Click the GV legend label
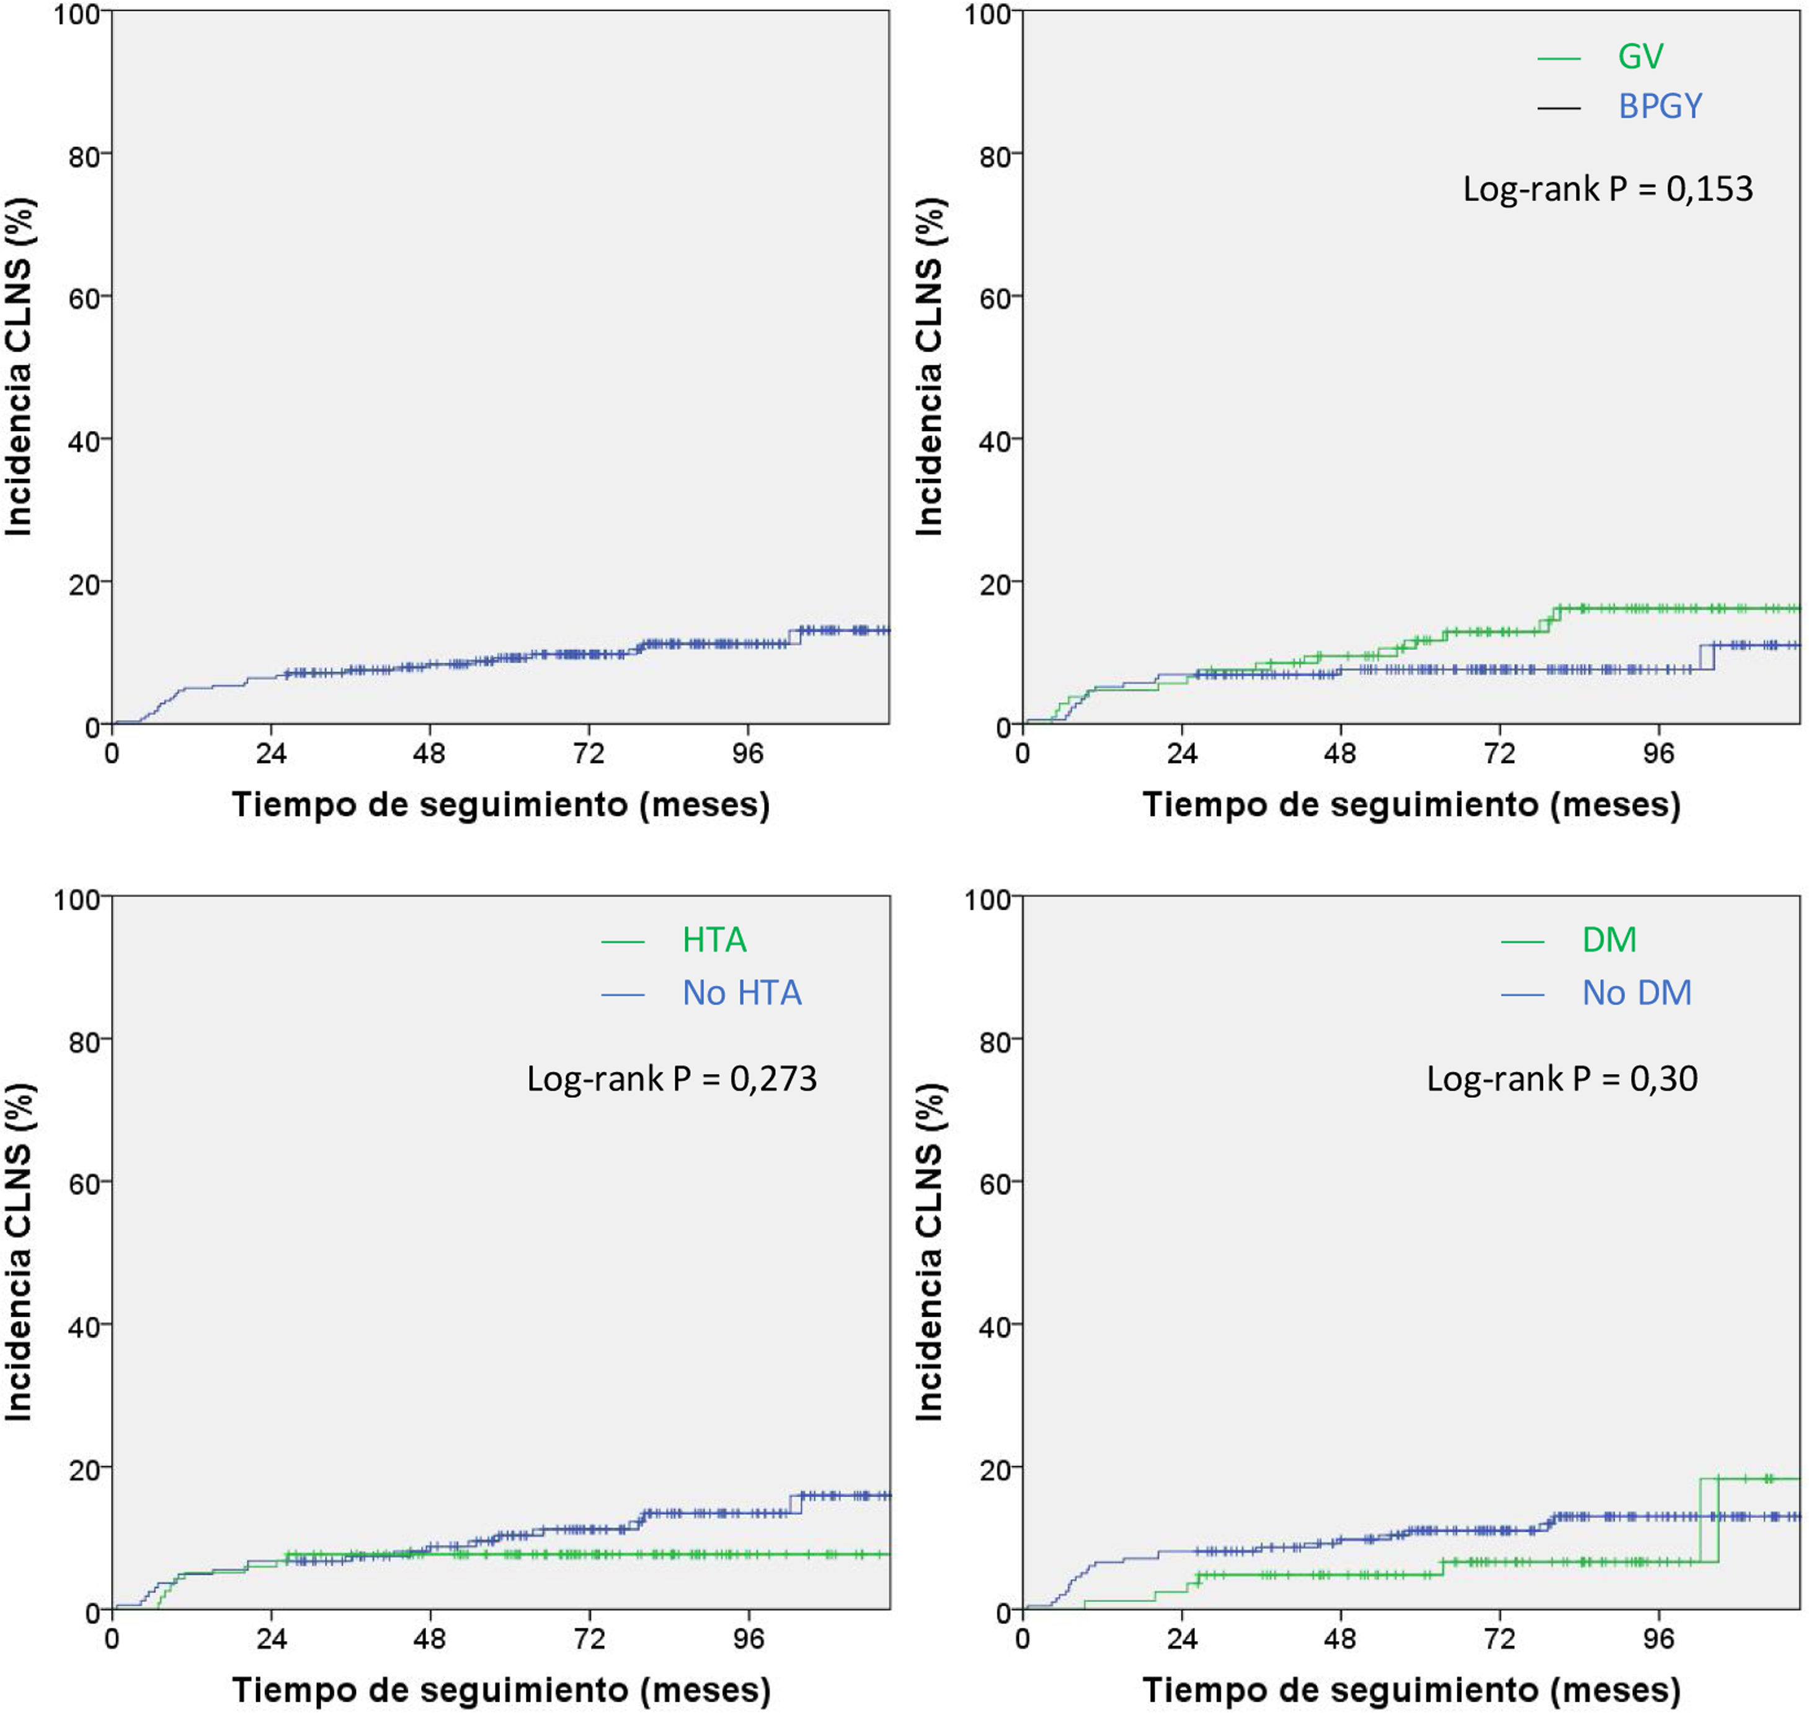1640,56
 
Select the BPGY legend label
1660,107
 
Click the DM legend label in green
1609,940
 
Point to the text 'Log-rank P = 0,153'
1607,189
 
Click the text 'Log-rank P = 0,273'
671,1079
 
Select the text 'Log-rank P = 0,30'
1562,1079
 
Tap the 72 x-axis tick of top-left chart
589,754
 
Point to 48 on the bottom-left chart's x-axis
429,1639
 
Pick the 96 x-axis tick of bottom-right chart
1658,1639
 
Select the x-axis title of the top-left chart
500,804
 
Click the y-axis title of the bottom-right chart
929,1252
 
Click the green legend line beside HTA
623,941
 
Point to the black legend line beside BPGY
1559,109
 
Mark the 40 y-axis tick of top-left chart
84,441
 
